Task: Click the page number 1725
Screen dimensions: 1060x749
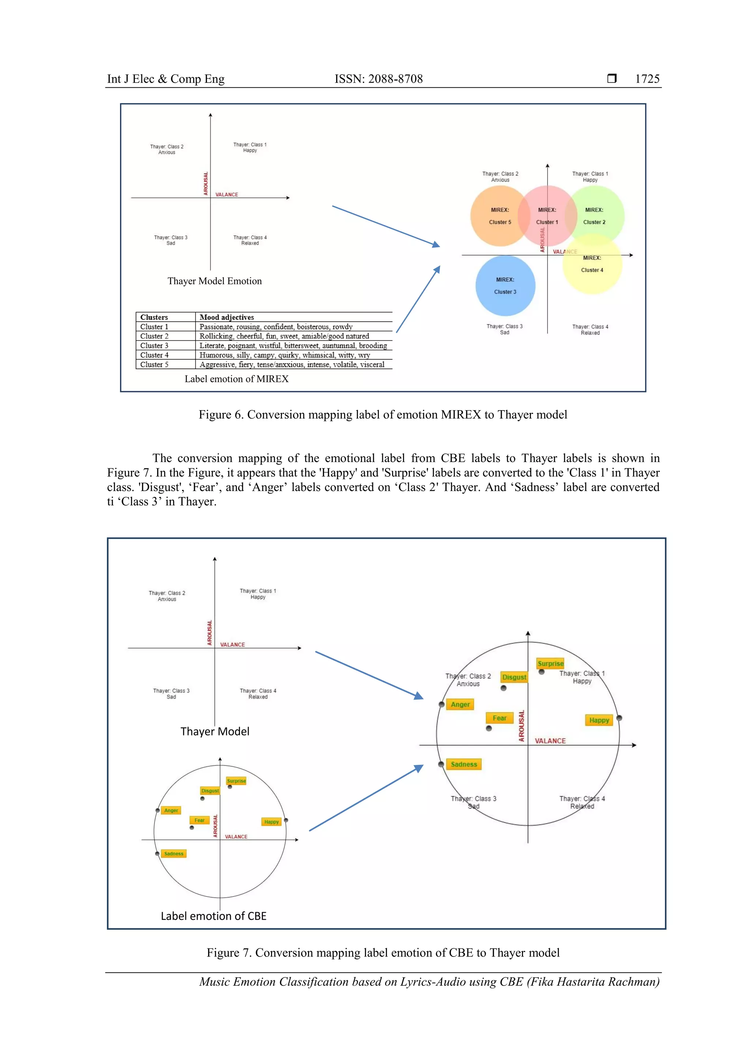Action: tap(647, 79)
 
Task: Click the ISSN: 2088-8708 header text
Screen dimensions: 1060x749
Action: tap(379, 79)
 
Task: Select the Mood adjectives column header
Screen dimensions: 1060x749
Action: tap(227, 317)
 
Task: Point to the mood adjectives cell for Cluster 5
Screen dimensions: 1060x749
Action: tap(291, 364)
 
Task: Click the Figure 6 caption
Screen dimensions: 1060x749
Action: tap(383, 415)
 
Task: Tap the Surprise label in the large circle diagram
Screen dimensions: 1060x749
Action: tap(550, 663)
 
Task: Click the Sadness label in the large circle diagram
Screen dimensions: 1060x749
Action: tap(464, 764)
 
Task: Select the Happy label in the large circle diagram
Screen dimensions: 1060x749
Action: tap(599, 720)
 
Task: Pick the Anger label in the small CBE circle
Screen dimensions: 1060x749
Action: tap(171, 810)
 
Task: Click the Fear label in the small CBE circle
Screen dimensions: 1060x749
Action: tap(199, 820)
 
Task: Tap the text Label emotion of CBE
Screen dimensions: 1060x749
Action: tap(214, 916)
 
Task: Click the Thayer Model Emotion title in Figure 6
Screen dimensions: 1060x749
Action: tap(215, 281)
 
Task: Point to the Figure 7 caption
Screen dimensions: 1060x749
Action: tap(383, 952)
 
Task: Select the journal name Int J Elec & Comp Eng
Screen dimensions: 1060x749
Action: tap(166, 79)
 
